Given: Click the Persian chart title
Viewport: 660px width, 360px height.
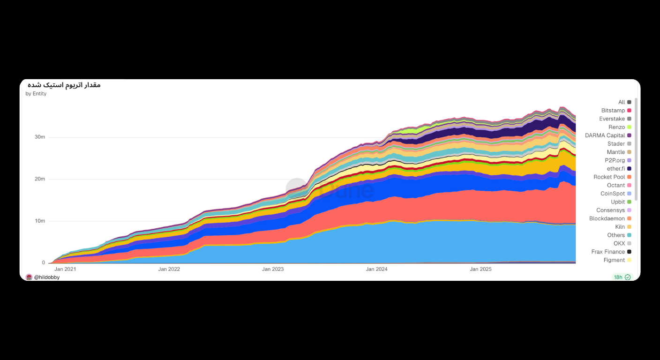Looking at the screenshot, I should pyautogui.click(x=64, y=85).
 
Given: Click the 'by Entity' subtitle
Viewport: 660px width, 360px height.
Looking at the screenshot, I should pyautogui.click(x=36, y=94).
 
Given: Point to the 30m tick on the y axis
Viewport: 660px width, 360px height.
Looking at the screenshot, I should pyautogui.click(x=40, y=137).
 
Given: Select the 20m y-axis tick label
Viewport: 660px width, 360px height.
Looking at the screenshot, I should pyautogui.click(x=40, y=179).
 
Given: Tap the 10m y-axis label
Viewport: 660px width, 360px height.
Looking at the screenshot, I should pyautogui.click(x=40, y=221).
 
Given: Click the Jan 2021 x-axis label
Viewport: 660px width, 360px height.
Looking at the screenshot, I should pyautogui.click(x=65, y=269).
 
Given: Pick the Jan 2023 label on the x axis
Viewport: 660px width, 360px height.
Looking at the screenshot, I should pyautogui.click(x=273, y=269).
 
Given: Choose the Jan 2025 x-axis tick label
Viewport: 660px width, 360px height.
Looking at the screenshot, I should pyautogui.click(x=480, y=269).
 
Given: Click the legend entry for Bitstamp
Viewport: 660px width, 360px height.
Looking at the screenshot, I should pyautogui.click(x=613, y=111).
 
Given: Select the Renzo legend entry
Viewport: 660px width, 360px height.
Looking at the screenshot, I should pyautogui.click(x=616, y=127).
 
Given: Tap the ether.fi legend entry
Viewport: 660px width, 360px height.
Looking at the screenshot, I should pyautogui.click(x=615, y=169).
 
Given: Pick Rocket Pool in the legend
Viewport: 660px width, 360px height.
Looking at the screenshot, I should pyautogui.click(x=609, y=177).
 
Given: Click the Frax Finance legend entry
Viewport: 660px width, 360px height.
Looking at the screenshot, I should pyautogui.click(x=608, y=252).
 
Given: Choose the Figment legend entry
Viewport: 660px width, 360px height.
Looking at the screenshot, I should pyautogui.click(x=614, y=260).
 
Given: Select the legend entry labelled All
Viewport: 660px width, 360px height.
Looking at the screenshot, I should pyautogui.click(x=621, y=102).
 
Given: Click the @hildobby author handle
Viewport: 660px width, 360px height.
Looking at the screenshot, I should pyautogui.click(x=47, y=277).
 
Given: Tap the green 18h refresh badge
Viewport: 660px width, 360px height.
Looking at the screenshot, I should pyautogui.click(x=622, y=277).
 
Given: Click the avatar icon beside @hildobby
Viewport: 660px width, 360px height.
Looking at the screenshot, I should pyautogui.click(x=29, y=277).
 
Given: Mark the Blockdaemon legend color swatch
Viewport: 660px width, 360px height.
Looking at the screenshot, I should pyautogui.click(x=629, y=219).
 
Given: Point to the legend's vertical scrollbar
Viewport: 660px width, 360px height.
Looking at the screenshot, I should pyautogui.click(x=636, y=150).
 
